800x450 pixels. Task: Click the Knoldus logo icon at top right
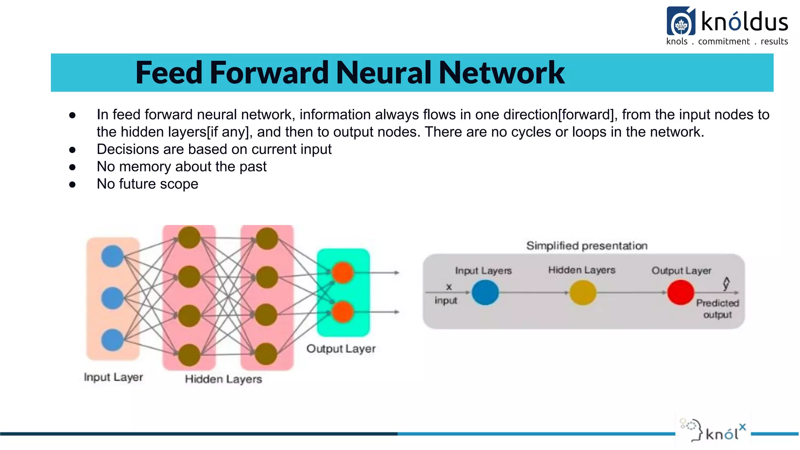(681, 21)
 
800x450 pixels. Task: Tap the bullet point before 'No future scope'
(72, 184)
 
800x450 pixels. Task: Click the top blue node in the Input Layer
(112, 256)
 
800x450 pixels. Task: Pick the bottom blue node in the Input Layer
(112, 340)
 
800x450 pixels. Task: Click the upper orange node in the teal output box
(343, 272)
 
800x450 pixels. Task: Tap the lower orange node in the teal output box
(343, 312)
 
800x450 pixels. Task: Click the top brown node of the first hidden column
(189, 237)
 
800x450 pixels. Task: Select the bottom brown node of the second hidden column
(266, 354)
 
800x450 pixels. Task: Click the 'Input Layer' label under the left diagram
(113, 377)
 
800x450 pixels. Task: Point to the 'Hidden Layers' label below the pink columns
(223, 379)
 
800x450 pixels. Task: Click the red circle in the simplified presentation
(680, 293)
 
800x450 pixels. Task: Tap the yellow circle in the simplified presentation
(583, 293)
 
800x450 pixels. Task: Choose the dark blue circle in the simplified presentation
(485, 293)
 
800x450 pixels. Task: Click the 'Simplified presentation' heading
(587, 246)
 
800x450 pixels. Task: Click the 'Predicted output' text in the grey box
(718, 309)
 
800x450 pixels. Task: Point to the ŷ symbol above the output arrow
(726, 284)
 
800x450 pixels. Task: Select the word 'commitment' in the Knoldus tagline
(724, 41)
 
